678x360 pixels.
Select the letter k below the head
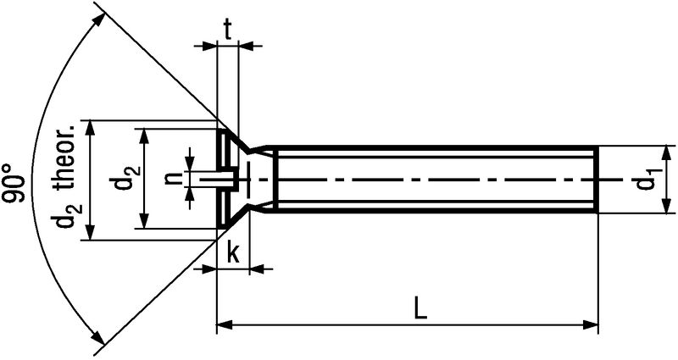pyautogui.click(x=232, y=254)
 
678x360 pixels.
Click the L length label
pyautogui.click(x=420, y=308)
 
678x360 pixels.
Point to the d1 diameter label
pyautogui.click(x=644, y=180)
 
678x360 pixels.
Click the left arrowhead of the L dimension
pyautogui.click(x=225, y=324)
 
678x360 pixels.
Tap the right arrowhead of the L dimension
pyautogui.click(x=590, y=324)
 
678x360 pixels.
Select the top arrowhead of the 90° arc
pyautogui.click(x=99, y=20)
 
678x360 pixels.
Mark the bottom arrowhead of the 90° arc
pyautogui.click(x=98, y=338)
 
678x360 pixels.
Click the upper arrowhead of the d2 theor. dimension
pyautogui.click(x=90, y=129)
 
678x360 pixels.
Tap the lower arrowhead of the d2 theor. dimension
pyautogui.click(x=90, y=231)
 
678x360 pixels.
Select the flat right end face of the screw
pyautogui.click(x=597, y=180)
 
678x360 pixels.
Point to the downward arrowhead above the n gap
pyautogui.click(x=189, y=163)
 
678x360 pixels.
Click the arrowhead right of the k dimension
pyautogui.click(x=258, y=269)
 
